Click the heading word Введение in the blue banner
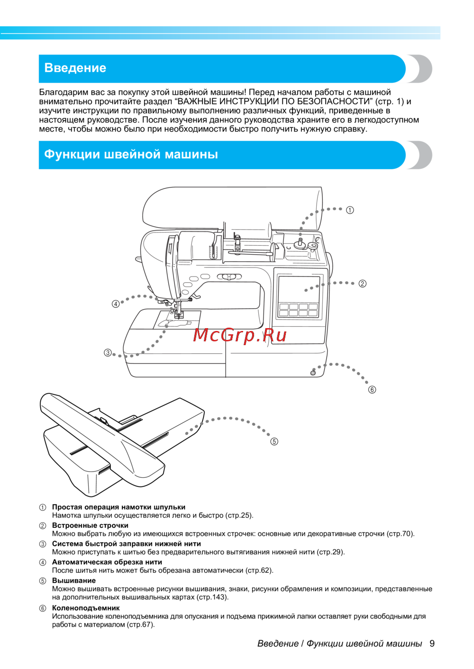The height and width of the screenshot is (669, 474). pos(75,68)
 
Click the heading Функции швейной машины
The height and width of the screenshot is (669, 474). pos(131,154)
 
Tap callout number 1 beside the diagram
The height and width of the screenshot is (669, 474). pos(350,210)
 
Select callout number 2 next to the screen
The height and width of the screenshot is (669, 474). pos(362,284)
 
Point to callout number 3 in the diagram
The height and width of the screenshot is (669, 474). pos(108,352)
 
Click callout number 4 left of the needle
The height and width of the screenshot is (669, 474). pos(116,304)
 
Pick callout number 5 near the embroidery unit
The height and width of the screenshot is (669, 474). pos(274,441)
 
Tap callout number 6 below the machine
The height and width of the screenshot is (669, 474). pos(372,390)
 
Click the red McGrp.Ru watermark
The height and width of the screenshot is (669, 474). pos(240,335)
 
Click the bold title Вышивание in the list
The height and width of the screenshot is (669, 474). pos(74,580)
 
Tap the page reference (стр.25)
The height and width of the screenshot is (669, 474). pos(238,515)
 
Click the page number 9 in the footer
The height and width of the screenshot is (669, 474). pos(432,643)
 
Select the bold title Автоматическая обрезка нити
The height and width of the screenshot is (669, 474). pos(107,562)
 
